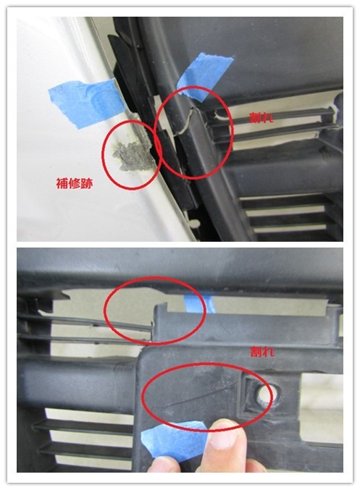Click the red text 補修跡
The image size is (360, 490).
[x=75, y=184]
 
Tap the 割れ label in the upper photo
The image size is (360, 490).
[x=261, y=118]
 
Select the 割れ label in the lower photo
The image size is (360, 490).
[x=262, y=352]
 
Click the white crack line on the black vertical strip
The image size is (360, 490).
[x=187, y=122]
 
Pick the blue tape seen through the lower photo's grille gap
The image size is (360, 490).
[x=198, y=303]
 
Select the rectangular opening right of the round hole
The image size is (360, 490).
[x=320, y=392]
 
